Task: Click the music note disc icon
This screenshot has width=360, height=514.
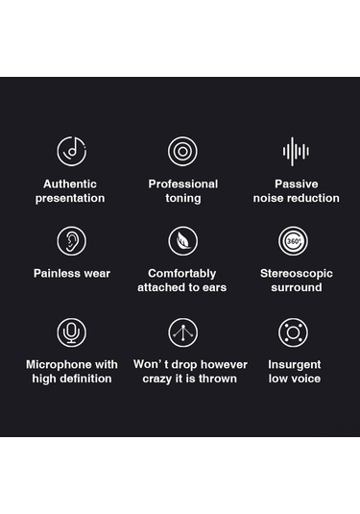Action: tap(71, 151)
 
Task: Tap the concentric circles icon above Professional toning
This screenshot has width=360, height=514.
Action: tap(182, 151)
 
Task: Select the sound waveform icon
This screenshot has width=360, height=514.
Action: tap(296, 151)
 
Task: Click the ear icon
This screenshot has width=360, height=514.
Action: tap(71, 241)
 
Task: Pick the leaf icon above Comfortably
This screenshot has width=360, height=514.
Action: tap(182, 241)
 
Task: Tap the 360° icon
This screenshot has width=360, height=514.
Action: tap(293, 241)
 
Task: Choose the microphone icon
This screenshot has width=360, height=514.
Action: tap(71, 332)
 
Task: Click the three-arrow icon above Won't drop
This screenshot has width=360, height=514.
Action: tap(182, 332)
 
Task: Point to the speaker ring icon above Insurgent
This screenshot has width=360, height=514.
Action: tap(293, 332)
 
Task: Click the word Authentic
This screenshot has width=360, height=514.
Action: tap(70, 184)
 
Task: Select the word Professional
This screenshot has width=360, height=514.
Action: tap(182, 184)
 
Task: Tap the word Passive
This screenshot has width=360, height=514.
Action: tap(296, 184)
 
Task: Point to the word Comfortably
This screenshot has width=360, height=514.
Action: tap(181, 274)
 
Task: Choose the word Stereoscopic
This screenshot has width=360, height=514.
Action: tap(296, 274)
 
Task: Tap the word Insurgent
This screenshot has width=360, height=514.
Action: tap(294, 365)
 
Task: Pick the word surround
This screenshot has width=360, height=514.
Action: tap(296, 287)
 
